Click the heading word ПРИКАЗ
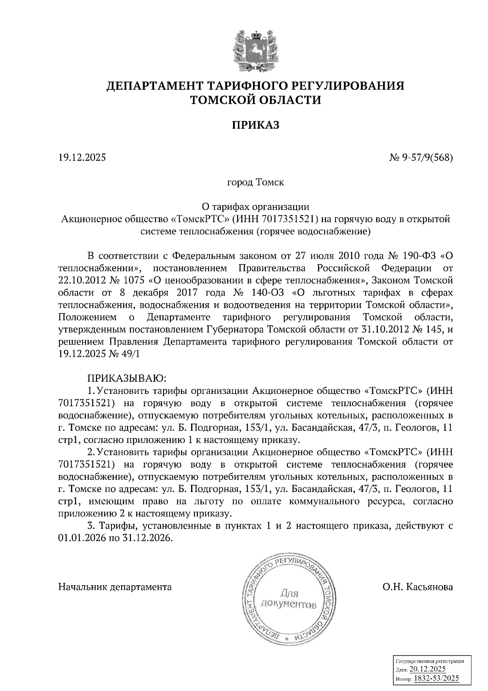coord(256,125)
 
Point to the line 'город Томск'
coord(255,182)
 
